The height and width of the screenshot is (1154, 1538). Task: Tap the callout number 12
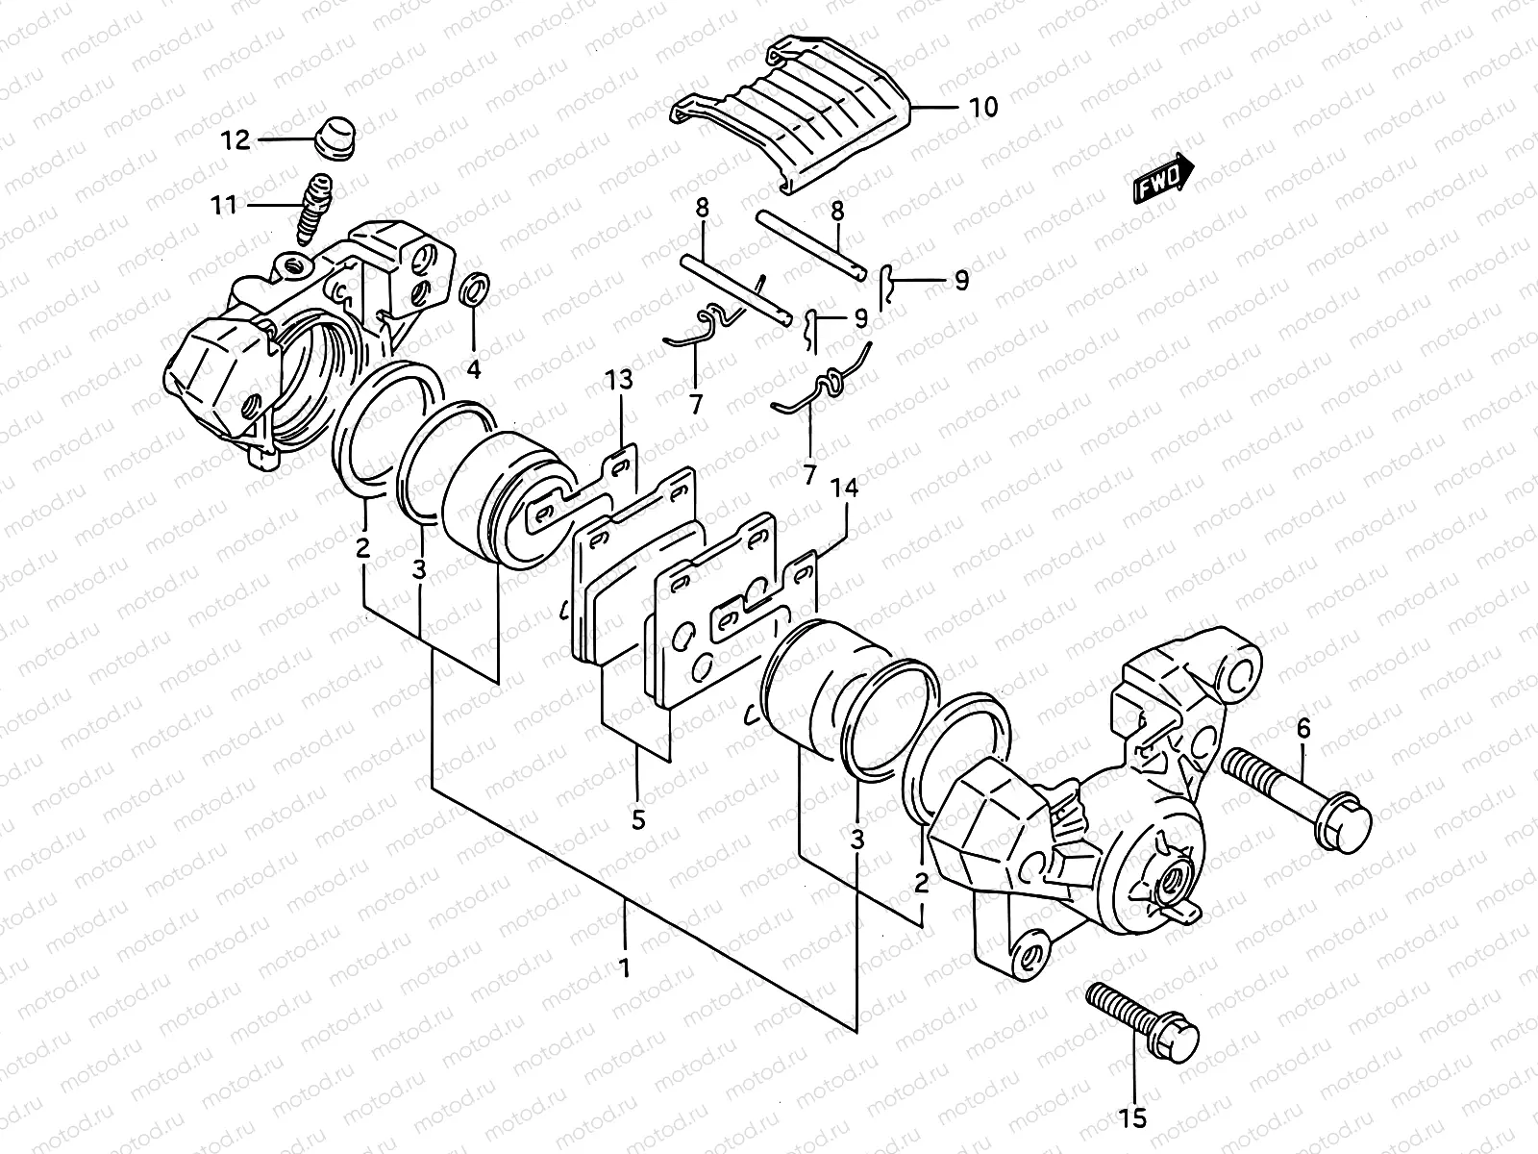(x=235, y=140)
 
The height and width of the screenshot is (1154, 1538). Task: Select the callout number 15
(x=1134, y=1118)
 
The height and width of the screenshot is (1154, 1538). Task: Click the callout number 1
(x=624, y=967)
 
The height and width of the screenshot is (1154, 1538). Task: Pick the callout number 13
(x=619, y=381)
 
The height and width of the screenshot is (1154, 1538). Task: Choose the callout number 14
(x=845, y=489)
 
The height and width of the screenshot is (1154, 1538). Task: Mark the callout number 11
(x=224, y=205)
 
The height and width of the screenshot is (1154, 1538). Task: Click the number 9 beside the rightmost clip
(x=960, y=281)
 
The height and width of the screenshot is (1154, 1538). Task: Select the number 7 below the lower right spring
(x=808, y=474)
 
